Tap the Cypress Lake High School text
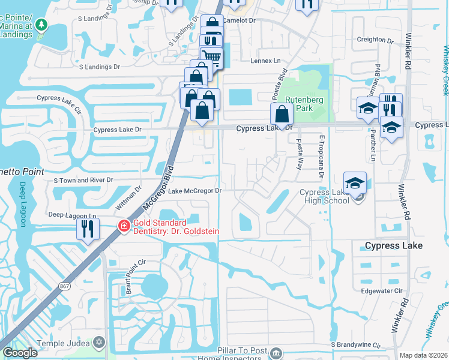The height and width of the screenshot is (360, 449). (324, 196)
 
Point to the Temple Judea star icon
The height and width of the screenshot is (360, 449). (99, 343)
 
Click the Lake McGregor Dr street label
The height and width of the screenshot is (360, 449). (195, 191)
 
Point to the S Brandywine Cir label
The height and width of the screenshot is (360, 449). (356, 346)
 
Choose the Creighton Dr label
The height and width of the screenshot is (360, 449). (375, 40)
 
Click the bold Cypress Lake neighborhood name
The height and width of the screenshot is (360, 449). (394, 246)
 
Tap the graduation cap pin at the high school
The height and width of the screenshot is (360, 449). (355, 182)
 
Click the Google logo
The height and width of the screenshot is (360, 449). (20, 353)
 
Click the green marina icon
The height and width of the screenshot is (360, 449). (41, 25)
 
